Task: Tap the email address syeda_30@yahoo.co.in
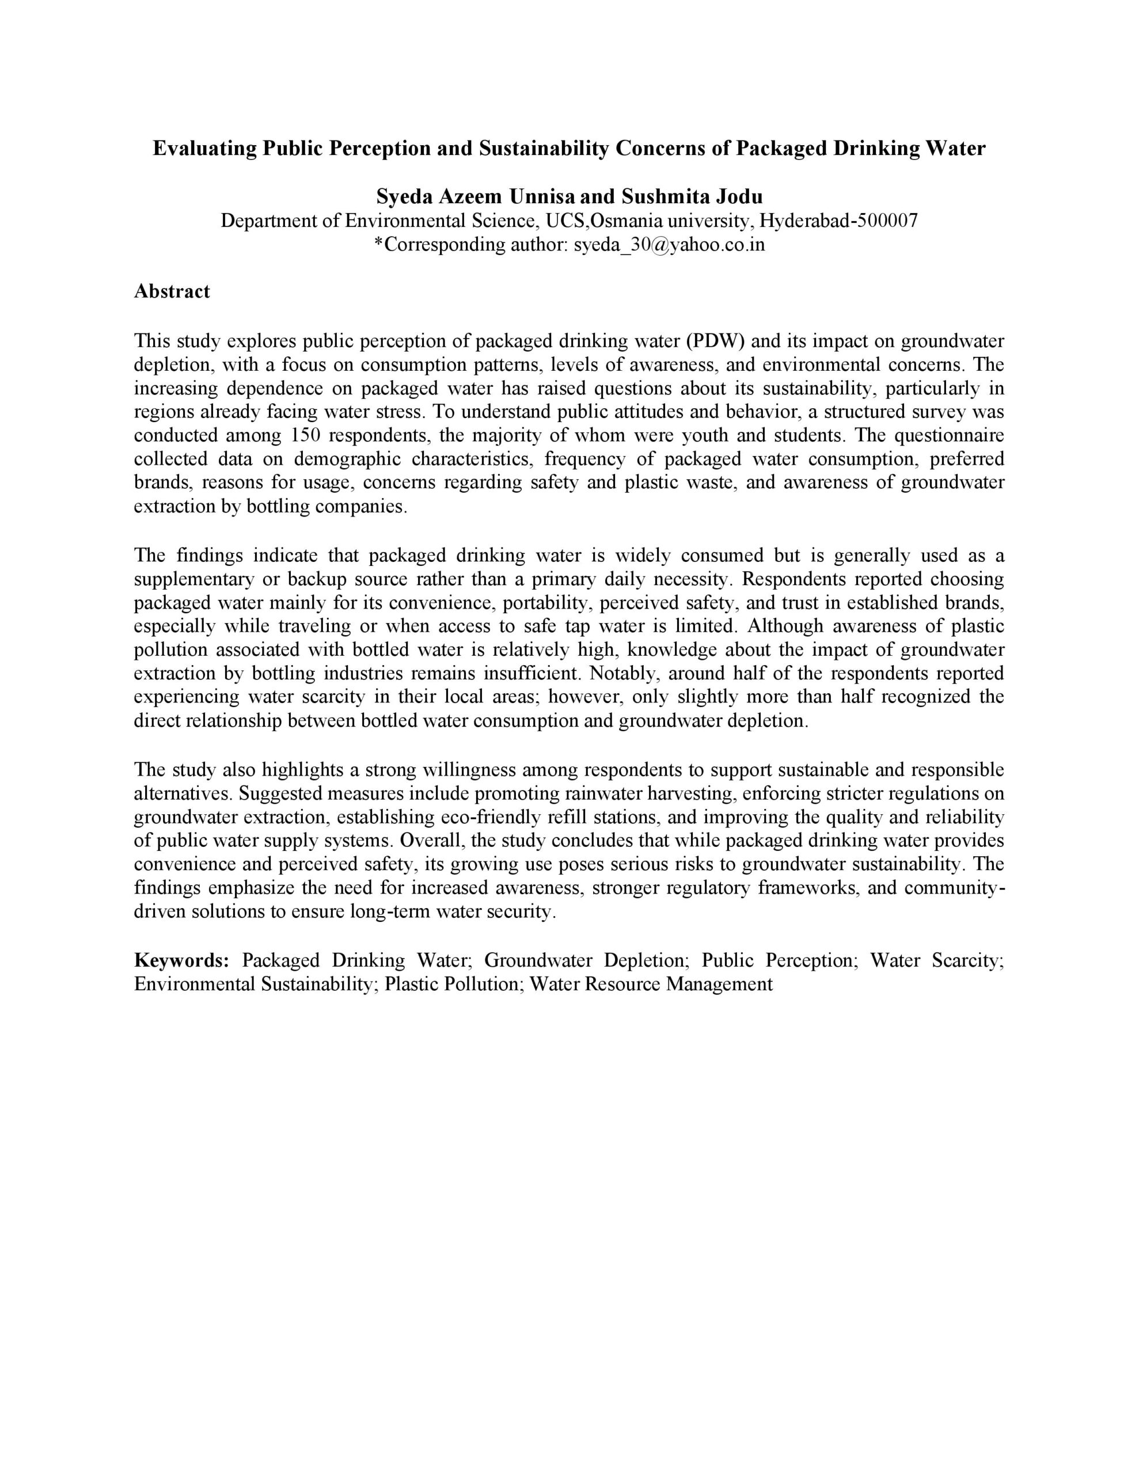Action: (669, 244)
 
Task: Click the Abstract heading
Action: (172, 291)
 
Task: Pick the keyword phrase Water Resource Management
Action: (651, 984)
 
